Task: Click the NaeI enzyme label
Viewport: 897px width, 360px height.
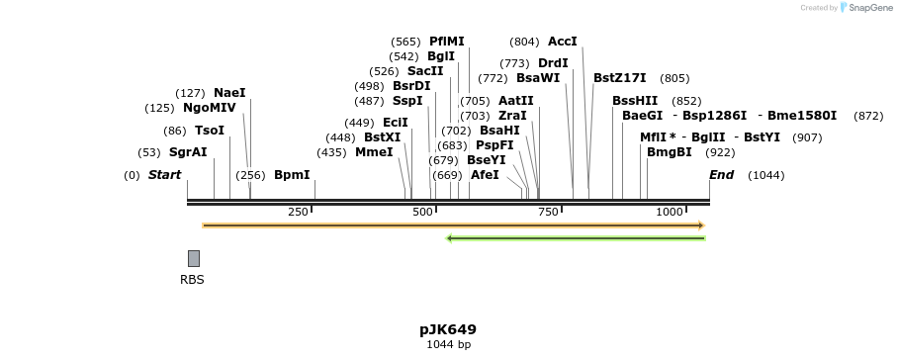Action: (x=229, y=93)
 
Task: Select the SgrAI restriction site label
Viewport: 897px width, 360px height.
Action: (x=188, y=152)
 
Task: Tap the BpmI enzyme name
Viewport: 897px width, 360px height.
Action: (x=292, y=175)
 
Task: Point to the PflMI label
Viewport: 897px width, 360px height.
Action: (x=446, y=42)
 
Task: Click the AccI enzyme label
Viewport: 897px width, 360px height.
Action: (x=562, y=42)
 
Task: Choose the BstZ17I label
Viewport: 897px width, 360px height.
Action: (x=619, y=78)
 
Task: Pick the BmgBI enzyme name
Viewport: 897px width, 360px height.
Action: (x=669, y=152)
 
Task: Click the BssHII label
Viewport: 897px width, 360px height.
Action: (x=635, y=101)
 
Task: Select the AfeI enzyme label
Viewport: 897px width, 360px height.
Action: (x=485, y=175)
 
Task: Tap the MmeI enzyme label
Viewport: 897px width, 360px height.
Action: (x=374, y=152)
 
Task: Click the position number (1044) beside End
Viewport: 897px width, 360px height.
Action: (x=765, y=175)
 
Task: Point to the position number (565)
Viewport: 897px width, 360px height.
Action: (x=405, y=42)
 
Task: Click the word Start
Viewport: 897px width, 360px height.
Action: (x=165, y=175)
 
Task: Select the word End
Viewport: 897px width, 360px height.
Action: (x=722, y=175)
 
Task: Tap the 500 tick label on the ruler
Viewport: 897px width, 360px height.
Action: (x=423, y=213)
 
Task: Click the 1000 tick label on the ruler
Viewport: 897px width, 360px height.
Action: (x=670, y=213)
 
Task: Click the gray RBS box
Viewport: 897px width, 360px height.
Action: (x=194, y=258)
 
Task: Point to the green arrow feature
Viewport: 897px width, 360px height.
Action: (x=576, y=238)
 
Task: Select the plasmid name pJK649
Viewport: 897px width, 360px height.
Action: (x=448, y=329)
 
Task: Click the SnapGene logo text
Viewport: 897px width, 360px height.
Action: (x=865, y=8)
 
